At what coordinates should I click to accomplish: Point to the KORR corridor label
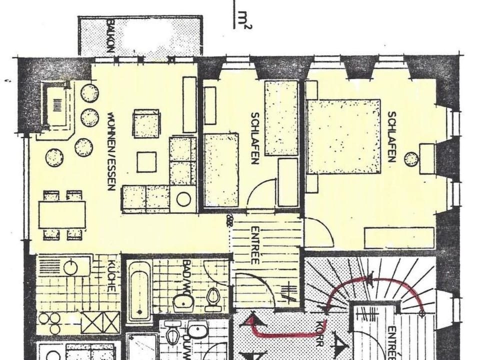pyautogui.click(x=319, y=334)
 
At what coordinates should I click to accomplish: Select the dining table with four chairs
pyautogui.click(x=62, y=214)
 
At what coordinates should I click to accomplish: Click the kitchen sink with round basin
pyautogui.click(x=70, y=267)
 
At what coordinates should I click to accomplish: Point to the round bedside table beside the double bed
pyautogui.click(x=411, y=159)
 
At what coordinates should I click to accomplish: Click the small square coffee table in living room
pyautogui.click(x=146, y=161)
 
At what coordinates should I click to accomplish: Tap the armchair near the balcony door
pyautogui.click(x=146, y=123)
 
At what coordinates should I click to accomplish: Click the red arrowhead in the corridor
pyautogui.click(x=251, y=320)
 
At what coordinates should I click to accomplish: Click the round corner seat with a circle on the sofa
pyautogui.click(x=183, y=199)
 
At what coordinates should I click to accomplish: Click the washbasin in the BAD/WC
pyautogui.click(x=183, y=302)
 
